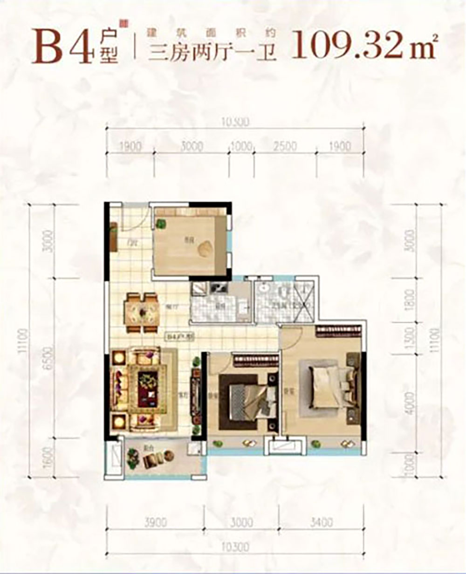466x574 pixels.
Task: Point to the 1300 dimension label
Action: point(409,337)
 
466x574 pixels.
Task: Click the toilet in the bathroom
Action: point(283,294)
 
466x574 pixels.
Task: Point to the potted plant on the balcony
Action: point(134,456)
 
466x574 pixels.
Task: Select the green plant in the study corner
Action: point(162,224)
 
